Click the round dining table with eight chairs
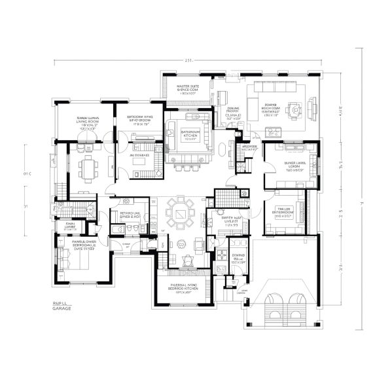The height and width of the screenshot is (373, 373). [x=179, y=213]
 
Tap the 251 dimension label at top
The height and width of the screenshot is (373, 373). [x=188, y=61]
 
